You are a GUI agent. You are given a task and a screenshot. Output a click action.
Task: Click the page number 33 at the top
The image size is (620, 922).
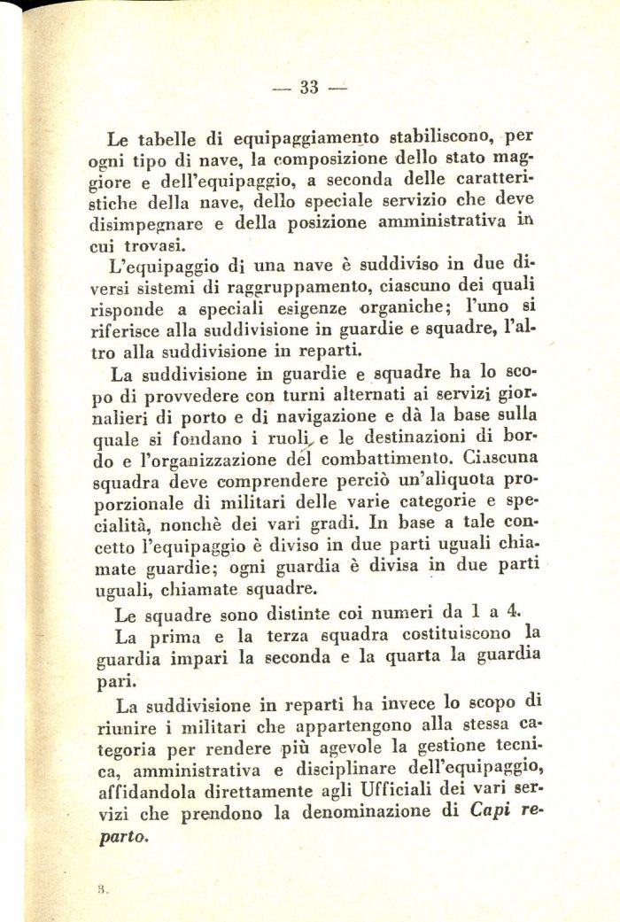(x=309, y=87)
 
